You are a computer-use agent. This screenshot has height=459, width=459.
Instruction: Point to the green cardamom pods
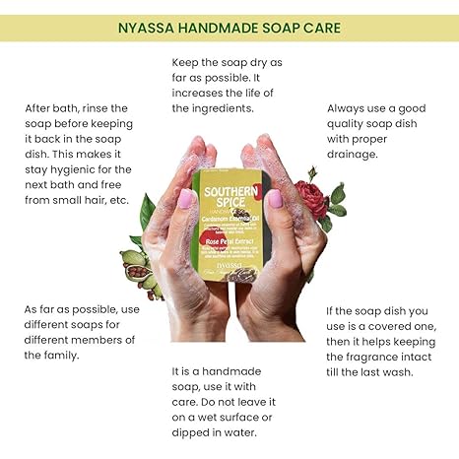[x=138, y=265]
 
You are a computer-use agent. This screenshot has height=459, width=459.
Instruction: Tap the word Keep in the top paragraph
[x=187, y=62]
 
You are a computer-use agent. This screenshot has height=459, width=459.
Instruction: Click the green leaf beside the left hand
[x=148, y=211]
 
